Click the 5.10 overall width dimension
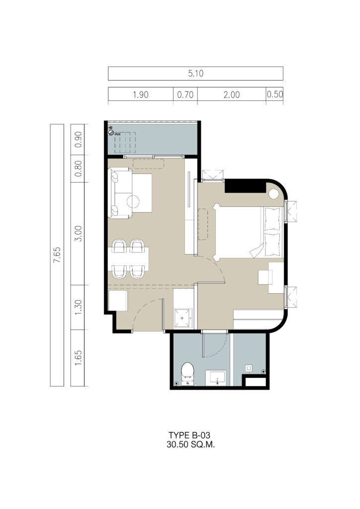point(196,74)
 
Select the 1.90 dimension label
point(141,95)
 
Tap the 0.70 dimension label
point(185,95)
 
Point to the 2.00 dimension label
point(231,95)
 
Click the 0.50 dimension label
point(275,94)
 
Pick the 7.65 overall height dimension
point(57,255)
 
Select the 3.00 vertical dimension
point(78,234)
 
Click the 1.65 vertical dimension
point(78,358)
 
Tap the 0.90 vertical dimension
point(78,139)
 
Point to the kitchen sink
point(183,318)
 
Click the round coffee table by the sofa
point(133,202)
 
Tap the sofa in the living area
point(120,193)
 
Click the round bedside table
point(273,195)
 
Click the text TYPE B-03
point(189,435)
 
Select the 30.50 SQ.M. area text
point(191,444)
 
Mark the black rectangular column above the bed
point(245,187)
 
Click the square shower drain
point(249,368)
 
